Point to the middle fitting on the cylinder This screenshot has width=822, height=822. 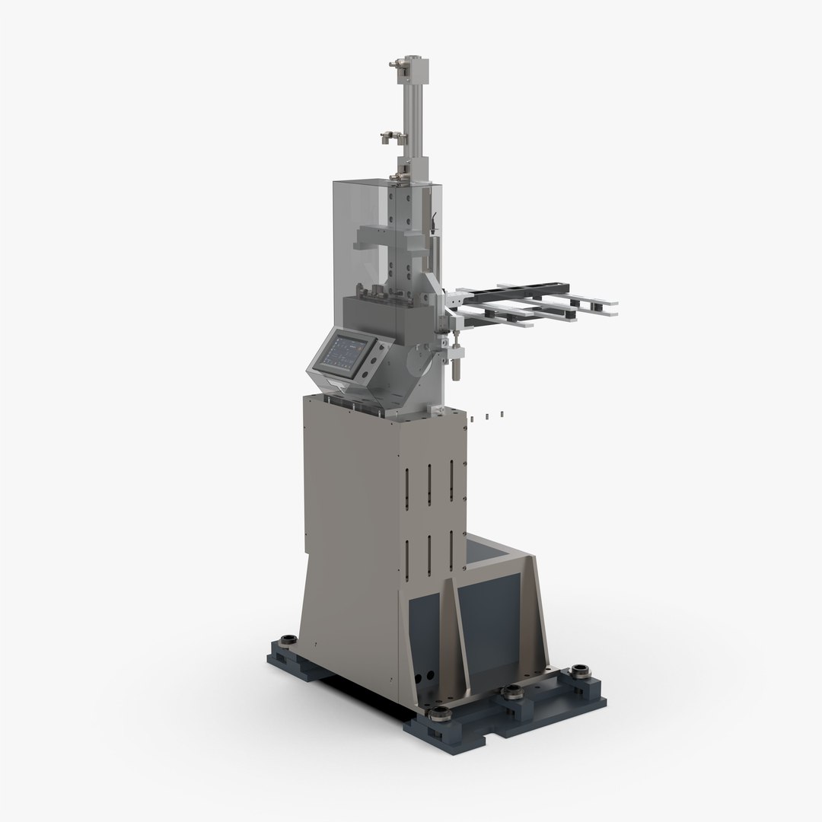[x=393, y=138]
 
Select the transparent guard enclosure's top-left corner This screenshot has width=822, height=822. [x=335, y=183]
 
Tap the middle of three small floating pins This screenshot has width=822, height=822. [x=487, y=416]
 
